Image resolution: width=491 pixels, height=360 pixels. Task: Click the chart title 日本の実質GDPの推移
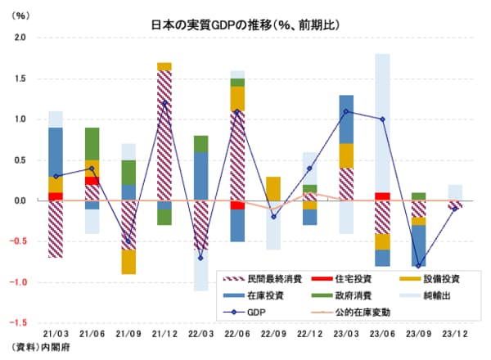pos(245,24)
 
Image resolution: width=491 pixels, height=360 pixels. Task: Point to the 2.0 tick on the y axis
pos(20,38)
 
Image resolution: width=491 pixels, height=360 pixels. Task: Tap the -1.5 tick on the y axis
pos(18,323)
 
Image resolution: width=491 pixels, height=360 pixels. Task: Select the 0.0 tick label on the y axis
pos(20,200)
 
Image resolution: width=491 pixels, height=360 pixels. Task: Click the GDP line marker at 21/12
pos(164,103)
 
